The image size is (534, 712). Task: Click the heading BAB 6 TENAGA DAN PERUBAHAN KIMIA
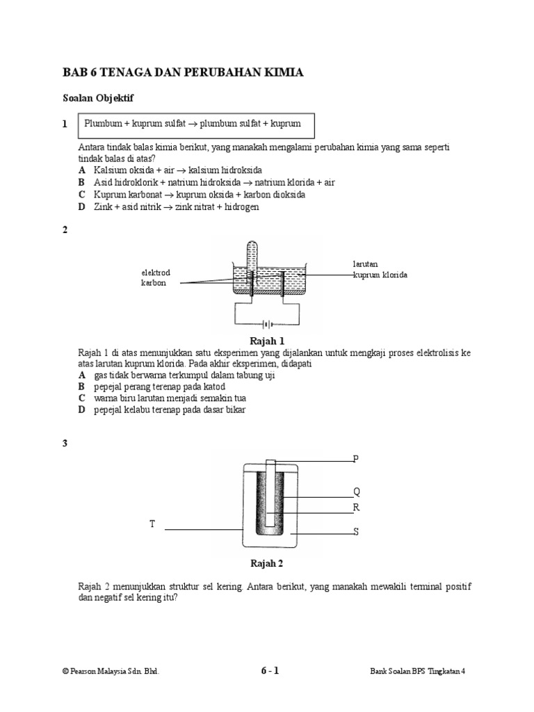click(x=183, y=72)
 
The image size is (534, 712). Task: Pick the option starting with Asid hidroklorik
click(x=207, y=182)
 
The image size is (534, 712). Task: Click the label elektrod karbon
click(x=155, y=278)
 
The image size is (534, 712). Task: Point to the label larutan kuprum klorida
click(x=379, y=270)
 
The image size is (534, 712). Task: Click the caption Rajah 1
click(x=271, y=341)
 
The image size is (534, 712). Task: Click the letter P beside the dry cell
click(x=356, y=458)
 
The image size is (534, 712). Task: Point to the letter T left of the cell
click(x=152, y=524)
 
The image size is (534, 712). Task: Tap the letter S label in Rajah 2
click(x=356, y=532)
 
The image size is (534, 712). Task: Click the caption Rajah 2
click(x=267, y=564)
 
